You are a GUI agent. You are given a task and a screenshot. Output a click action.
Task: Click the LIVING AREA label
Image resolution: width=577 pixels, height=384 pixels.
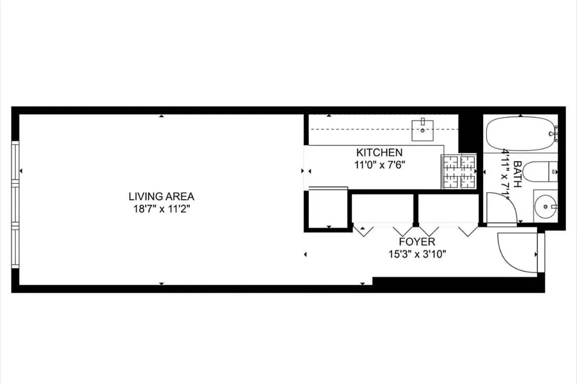pos(161,196)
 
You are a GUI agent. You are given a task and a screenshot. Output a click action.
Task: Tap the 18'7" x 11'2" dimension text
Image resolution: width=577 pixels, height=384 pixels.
pos(161,208)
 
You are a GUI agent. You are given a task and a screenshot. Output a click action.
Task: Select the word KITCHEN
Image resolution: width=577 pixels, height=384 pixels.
pos(379,153)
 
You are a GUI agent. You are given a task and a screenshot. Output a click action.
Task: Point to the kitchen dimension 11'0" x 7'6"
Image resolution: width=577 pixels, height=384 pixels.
pos(379,164)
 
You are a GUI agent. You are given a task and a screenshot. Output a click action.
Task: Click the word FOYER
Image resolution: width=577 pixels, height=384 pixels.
pos(417,242)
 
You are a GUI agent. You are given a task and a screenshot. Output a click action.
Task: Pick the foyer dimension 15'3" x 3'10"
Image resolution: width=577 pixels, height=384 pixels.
pos(417,254)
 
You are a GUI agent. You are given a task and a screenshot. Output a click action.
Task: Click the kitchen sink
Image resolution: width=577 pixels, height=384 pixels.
pos(423,130)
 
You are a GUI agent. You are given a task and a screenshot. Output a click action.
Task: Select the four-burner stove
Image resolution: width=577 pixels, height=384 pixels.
pos(459,171)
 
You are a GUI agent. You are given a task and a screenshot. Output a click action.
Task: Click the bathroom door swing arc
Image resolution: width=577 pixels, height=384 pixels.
pos(501,208)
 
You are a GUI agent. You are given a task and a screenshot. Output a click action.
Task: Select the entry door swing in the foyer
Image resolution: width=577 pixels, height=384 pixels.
pos(516,252)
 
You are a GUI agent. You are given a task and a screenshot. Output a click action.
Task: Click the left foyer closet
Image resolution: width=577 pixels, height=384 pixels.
pos(382,208)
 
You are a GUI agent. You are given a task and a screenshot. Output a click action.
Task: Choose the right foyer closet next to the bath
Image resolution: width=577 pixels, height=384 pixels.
pos(448,208)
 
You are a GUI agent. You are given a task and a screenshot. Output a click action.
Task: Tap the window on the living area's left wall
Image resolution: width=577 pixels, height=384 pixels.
pos(15,204)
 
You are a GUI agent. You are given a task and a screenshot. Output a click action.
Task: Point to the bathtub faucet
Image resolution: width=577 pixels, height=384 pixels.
pos(555,133)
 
